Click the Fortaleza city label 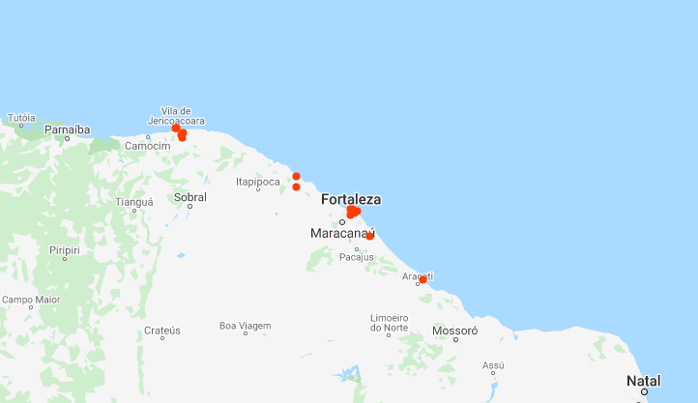coord(351,199)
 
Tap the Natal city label coord(644,380)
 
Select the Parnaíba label coord(67,129)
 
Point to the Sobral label coord(189,196)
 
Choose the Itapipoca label coord(257,181)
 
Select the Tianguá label coord(134,202)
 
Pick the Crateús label coord(161,330)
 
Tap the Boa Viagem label coord(245,325)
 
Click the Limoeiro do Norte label coord(389,323)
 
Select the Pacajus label coord(356,257)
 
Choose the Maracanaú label coord(343,234)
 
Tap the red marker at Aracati coord(422,279)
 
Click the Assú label coord(493,365)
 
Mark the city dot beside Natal coord(642,391)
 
